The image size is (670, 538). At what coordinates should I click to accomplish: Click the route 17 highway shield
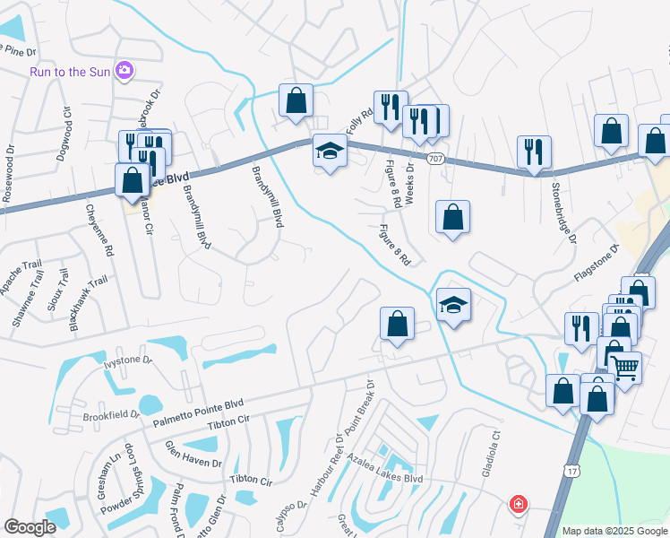coord(571,470)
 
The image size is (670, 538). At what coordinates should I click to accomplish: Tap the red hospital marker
coord(518,505)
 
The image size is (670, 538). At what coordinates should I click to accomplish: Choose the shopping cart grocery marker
coord(624,366)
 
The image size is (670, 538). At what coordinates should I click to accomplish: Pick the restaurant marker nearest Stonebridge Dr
coord(535,153)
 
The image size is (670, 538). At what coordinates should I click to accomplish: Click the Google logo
coord(30,527)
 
